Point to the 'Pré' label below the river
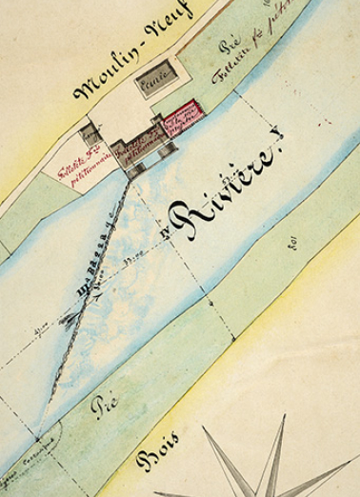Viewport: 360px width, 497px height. pos(104,406)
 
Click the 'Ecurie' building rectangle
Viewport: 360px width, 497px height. pos(154,80)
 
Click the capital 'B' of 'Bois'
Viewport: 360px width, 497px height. pos(145,462)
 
